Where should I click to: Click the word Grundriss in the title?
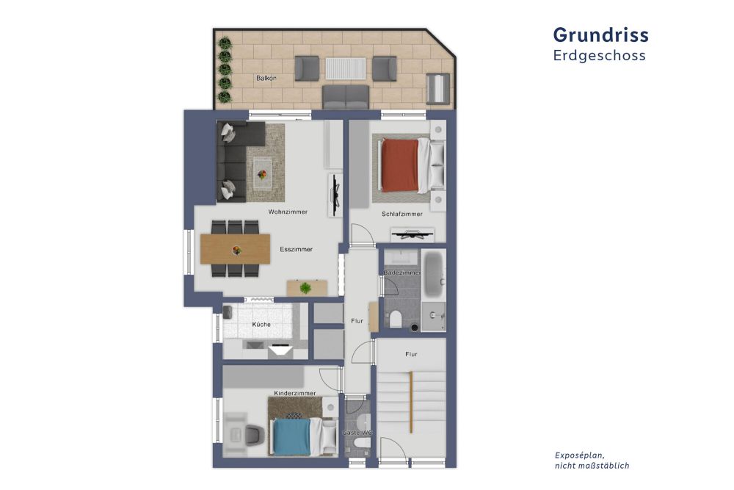pyautogui.click(x=600, y=35)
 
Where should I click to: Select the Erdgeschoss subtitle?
pyautogui.click(x=599, y=55)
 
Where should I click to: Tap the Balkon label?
pyautogui.click(x=266, y=78)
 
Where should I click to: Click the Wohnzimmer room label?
pyautogui.click(x=288, y=212)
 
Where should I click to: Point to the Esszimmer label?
pyautogui.click(x=297, y=249)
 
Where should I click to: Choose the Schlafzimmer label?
pyautogui.click(x=402, y=214)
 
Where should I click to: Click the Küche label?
pyautogui.click(x=261, y=324)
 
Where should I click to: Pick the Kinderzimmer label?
pyautogui.click(x=295, y=393)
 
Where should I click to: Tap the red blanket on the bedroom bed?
pyautogui.click(x=399, y=165)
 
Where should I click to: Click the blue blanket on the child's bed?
pyautogui.click(x=291, y=437)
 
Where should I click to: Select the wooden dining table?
pyautogui.click(x=236, y=249)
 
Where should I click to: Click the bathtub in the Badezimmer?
pyautogui.click(x=433, y=273)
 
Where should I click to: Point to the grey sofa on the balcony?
pyautogui.click(x=346, y=97)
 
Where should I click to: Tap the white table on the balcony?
pyautogui.click(x=346, y=69)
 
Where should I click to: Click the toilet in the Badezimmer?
pyautogui.click(x=395, y=319)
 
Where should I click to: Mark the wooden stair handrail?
pyautogui.click(x=411, y=402)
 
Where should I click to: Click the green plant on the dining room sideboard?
pyautogui.click(x=305, y=288)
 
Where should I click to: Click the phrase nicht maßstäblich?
pyautogui.click(x=592, y=466)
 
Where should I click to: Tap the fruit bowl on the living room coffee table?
pyautogui.click(x=262, y=175)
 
